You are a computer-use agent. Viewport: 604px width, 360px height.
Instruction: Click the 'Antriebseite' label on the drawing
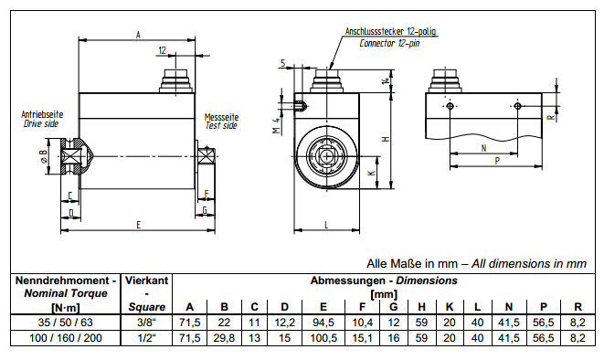42,114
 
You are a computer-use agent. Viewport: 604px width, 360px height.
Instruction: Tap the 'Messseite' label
221,117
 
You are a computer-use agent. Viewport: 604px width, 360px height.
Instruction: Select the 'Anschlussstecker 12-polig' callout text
390,32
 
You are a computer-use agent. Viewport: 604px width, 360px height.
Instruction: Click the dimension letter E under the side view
139,225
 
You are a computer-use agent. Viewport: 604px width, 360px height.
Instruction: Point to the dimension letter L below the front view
326,225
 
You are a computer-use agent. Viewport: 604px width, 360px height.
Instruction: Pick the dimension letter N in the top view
484,148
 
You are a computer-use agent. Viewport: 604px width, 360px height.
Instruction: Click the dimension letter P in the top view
497,161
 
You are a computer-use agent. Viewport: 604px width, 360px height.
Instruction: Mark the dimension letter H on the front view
387,139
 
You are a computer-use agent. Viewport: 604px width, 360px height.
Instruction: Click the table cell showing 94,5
323,323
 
